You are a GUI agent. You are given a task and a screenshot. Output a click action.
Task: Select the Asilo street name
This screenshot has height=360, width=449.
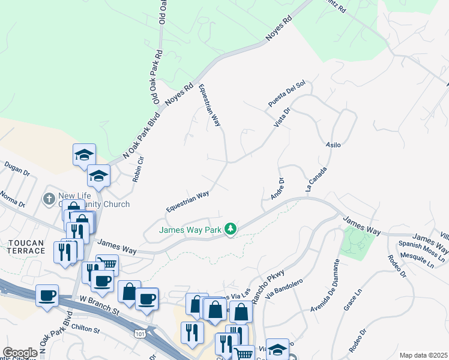coord(333,145)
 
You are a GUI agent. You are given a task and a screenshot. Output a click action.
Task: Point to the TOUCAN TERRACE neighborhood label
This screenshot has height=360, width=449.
coord(26,246)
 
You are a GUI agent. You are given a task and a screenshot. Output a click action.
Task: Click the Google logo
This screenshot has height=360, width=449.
coord(20,352)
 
